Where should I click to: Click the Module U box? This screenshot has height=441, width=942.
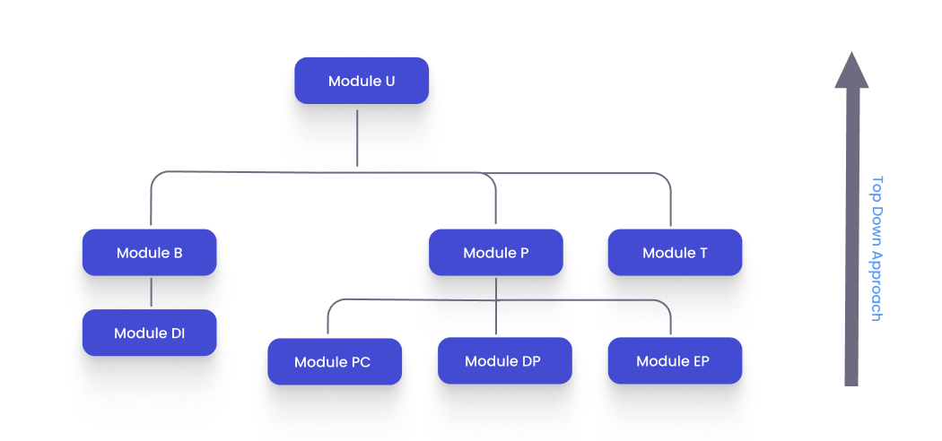click(362, 81)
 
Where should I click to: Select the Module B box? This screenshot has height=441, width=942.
click(149, 253)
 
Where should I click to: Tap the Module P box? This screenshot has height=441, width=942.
click(495, 253)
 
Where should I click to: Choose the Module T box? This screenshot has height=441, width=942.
click(675, 253)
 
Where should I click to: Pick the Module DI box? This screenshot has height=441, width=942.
click(149, 333)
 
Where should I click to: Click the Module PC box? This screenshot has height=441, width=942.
click(334, 362)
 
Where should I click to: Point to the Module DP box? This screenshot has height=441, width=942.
click(504, 361)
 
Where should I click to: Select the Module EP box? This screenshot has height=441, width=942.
click(675, 361)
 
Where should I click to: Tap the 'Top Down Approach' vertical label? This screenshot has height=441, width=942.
click(877, 247)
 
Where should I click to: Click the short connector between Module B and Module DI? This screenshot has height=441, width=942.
click(151, 292)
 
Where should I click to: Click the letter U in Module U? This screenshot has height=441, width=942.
click(389, 81)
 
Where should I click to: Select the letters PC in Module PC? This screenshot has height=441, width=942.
click(360, 363)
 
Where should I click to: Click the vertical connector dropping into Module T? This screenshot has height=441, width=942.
click(670, 206)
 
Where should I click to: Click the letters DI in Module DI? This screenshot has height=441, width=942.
click(178, 333)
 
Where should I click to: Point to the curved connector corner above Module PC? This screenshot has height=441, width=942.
click(331, 305)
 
